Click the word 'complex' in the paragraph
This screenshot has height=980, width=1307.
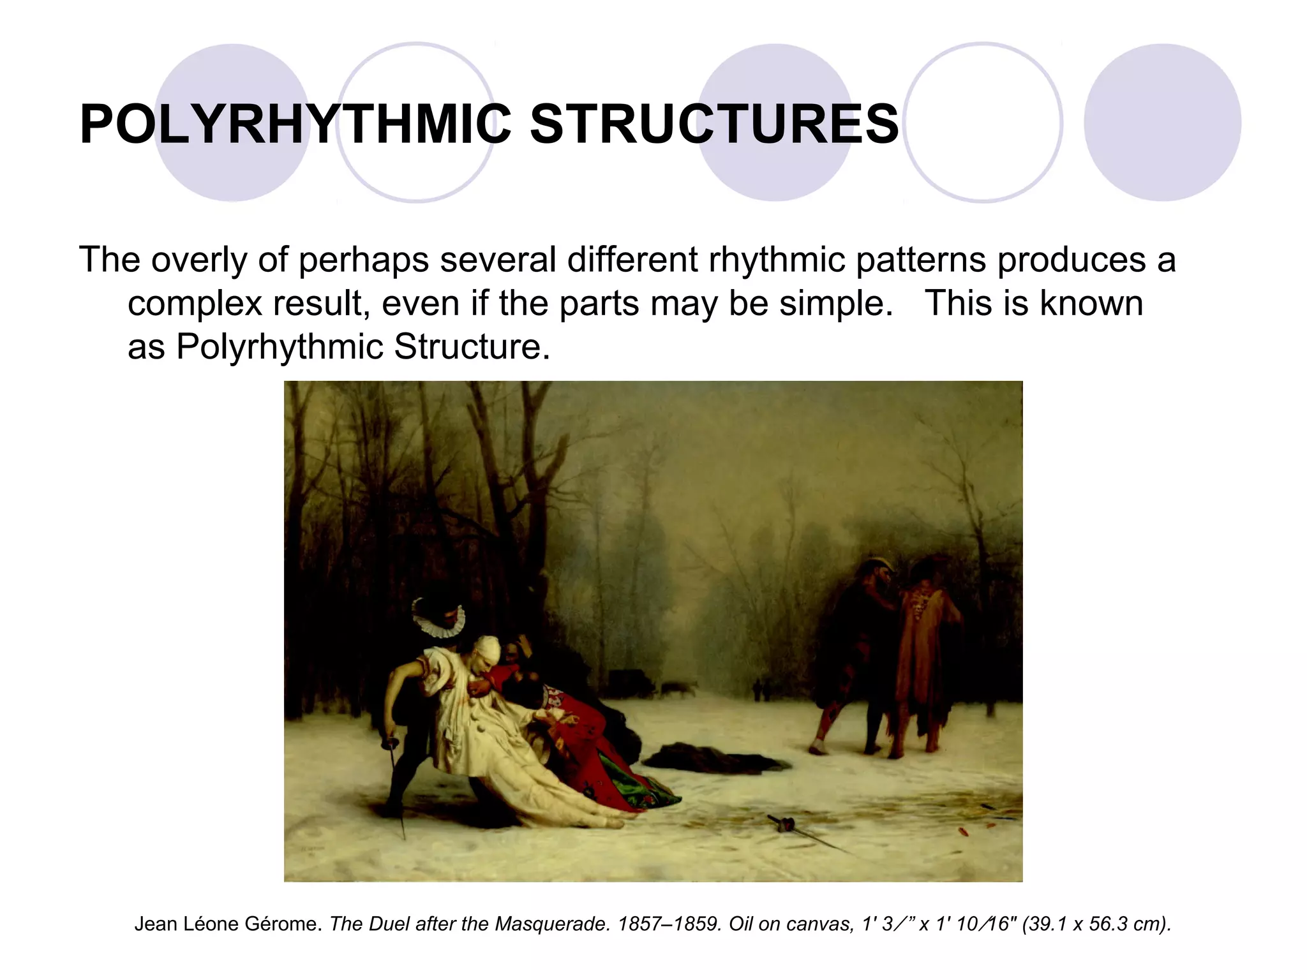click(x=195, y=303)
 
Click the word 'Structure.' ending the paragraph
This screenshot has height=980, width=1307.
click(x=472, y=346)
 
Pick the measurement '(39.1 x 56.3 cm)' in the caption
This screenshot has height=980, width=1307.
click(x=1096, y=924)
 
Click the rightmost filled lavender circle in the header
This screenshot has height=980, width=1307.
click(x=1162, y=122)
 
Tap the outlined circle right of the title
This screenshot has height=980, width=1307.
click(x=983, y=122)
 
